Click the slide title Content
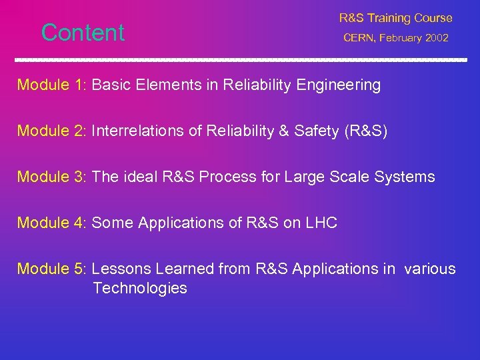83,33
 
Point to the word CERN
361,39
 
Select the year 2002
437,39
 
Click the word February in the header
402,39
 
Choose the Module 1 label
52,85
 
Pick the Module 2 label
52,131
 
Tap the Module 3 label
52,177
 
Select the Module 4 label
52,223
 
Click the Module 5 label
52,269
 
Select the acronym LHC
321,223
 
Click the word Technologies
140,289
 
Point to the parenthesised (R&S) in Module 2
365,131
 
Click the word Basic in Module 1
111,85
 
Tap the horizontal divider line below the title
240,60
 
